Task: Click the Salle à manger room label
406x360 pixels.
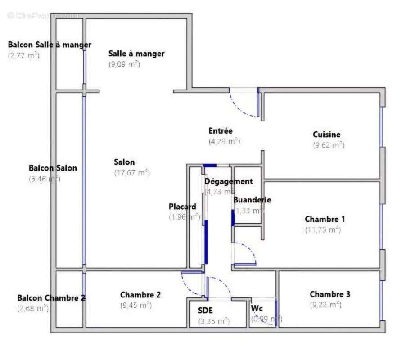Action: (x=136, y=54)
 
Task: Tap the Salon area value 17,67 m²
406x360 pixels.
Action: (x=131, y=172)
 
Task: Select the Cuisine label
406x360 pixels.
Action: (x=327, y=135)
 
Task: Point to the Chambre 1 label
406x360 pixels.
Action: (x=325, y=219)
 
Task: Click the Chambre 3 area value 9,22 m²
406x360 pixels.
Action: (x=325, y=305)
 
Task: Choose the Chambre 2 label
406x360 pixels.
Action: (x=140, y=295)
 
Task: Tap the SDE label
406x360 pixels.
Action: (x=205, y=310)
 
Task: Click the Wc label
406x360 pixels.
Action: (x=257, y=309)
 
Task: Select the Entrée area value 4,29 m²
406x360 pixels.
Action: (x=224, y=141)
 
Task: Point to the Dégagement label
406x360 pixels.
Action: (x=228, y=181)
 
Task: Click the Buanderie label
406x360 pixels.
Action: (x=252, y=200)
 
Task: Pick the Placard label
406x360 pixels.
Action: (x=182, y=207)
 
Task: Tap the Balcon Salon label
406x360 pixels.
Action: (x=53, y=168)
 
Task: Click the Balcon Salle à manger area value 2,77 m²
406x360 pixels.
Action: (x=24, y=56)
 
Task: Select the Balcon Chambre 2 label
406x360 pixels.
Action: (x=51, y=298)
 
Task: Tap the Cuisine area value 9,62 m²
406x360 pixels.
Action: (x=329, y=145)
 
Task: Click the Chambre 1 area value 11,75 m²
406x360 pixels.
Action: (x=323, y=229)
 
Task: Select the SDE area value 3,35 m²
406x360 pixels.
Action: (x=214, y=321)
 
